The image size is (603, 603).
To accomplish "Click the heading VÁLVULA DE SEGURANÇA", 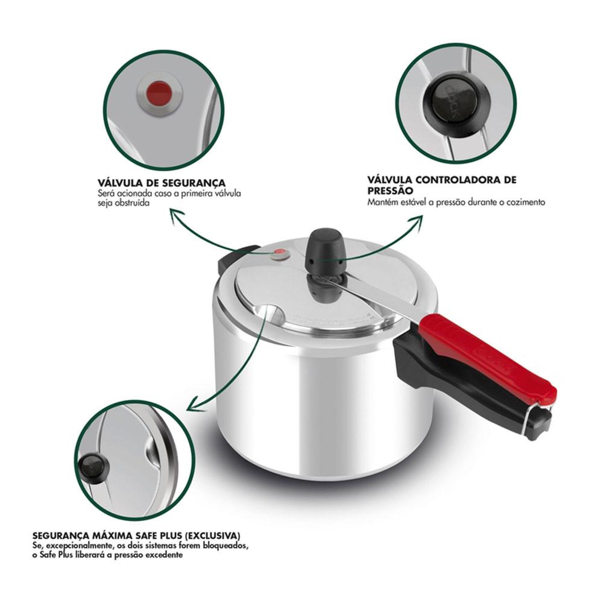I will tap(162, 183).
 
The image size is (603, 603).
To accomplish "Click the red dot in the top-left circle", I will tap(159, 93).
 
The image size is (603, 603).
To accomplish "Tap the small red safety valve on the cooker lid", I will tap(279, 253).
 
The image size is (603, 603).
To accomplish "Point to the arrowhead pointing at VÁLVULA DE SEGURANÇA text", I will tap(173, 212).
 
